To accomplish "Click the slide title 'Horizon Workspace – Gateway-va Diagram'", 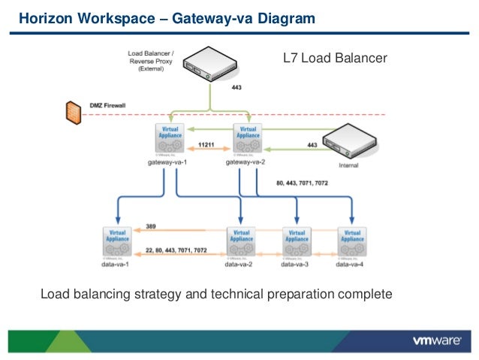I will (167, 17).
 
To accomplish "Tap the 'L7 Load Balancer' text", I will (334, 57).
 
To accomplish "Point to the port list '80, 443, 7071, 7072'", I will (302, 183).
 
